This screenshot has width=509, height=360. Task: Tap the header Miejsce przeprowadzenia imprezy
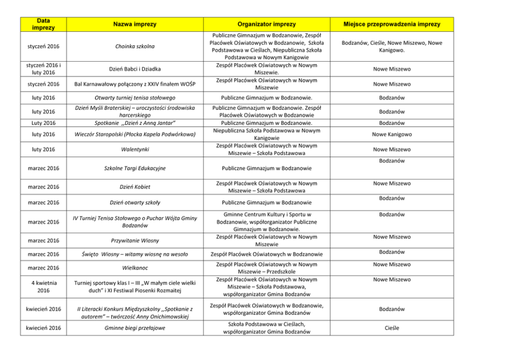pyautogui.click(x=392, y=24)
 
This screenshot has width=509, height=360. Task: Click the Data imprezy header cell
pyautogui.click(x=44, y=24)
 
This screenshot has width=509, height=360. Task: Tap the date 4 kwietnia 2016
pyautogui.click(x=44, y=287)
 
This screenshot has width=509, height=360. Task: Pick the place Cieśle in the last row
pyautogui.click(x=392, y=327)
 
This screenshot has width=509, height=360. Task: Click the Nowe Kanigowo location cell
pyautogui.click(x=392, y=135)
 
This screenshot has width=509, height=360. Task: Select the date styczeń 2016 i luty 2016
pyautogui.click(x=44, y=69)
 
